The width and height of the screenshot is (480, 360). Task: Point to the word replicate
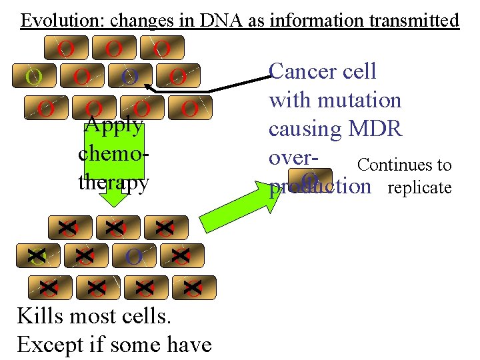(419, 187)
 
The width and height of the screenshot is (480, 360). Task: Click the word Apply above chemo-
(114, 125)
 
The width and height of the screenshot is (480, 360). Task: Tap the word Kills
(44, 315)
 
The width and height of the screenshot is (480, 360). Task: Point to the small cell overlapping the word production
(310, 181)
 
